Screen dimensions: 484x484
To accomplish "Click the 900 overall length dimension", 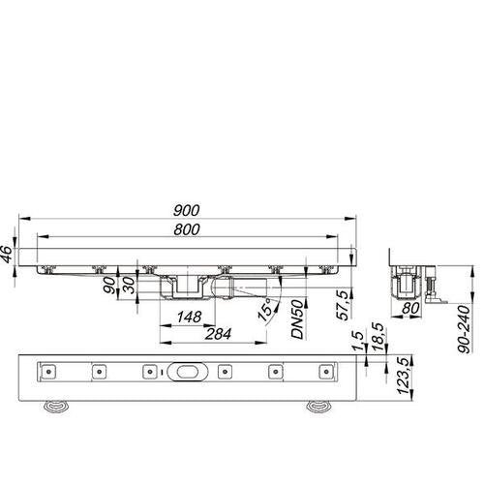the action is point(187,210).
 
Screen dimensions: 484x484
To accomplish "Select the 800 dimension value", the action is point(187,229).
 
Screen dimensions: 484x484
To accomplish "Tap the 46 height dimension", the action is point(7,255).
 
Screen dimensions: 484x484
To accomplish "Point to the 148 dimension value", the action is point(190,317).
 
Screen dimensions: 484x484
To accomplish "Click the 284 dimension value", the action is point(218,334).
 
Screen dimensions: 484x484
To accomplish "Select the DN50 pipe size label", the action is point(297,318).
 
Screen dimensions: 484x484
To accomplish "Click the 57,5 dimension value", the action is point(343,305).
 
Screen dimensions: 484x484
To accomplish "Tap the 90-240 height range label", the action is point(464,329).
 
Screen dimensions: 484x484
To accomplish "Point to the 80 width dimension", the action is point(410,309).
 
